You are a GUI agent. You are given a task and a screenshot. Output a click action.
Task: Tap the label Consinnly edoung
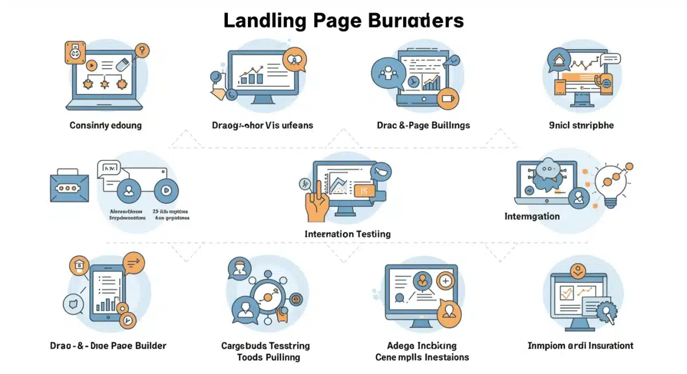[105, 125]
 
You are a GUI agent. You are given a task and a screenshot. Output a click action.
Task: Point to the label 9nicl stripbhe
[581, 125]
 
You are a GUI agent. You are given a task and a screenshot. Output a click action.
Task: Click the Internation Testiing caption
[348, 234]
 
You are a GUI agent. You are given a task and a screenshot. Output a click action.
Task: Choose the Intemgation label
[532, 216]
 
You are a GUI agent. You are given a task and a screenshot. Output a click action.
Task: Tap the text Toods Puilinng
[268, 357]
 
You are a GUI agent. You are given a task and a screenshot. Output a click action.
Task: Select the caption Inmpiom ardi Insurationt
[580, 345]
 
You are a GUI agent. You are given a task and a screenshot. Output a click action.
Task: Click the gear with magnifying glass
[605, 312]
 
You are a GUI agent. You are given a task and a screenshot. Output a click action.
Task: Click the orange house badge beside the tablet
[78, 266]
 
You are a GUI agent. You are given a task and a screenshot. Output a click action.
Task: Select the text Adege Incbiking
[422, 345]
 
